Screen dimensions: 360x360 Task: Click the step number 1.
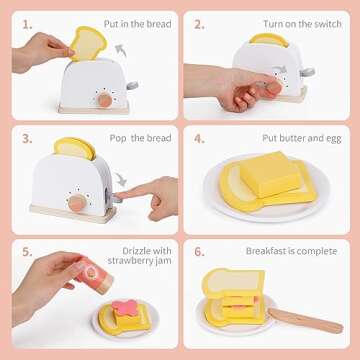(x=27, y=25)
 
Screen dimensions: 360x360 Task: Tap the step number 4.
(x=199, y=139)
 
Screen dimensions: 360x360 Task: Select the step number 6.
(x=199, y=252)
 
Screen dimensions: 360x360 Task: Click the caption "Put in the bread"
(x=137, y=24)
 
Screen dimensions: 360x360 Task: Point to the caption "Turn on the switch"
(x=302, y=24)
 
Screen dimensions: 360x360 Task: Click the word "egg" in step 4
(x=333, y=139)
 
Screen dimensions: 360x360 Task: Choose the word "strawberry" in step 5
(x=133, y=261)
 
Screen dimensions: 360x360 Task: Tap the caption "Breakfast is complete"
(x=292, y=251)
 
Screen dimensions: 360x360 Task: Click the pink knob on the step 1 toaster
(x=105, y=100)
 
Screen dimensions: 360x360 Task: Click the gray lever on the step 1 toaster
(x=132, y=85)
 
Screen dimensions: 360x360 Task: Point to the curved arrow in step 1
(x=121, y=51)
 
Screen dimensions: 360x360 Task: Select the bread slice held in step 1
(x=88, y=43)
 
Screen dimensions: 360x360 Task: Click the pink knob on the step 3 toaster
(x=76, y=203)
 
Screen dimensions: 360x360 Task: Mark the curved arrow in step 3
(x=121, y=178)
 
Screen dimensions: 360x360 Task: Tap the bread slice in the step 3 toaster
(x=75, y=148)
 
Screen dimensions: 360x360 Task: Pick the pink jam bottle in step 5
(x=94, y=275)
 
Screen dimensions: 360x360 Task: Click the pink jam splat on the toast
(x=125, y=307)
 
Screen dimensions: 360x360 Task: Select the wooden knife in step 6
(x=305, y=320)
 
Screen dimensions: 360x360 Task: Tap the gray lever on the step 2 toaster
(x=307, y=71)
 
